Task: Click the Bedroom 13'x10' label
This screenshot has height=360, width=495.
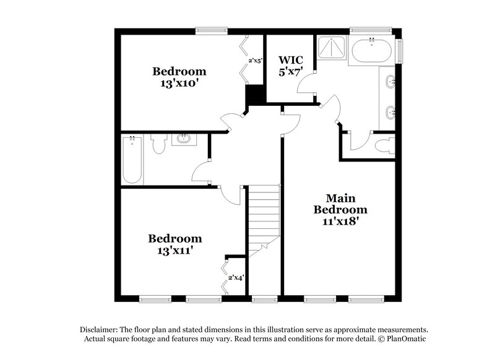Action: click(x=179, y=77)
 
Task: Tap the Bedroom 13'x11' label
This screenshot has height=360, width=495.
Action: click(x=175, y=244)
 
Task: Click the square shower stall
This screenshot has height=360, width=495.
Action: click(x=334, y=50)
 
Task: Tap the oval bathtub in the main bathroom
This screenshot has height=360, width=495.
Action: click(x=371, y=51)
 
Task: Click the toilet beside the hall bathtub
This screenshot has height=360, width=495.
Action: click(x=159, y=145)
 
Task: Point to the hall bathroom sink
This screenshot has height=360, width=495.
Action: click(x=183, y=139)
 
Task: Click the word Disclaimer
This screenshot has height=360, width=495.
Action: click(x=98, y=330)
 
